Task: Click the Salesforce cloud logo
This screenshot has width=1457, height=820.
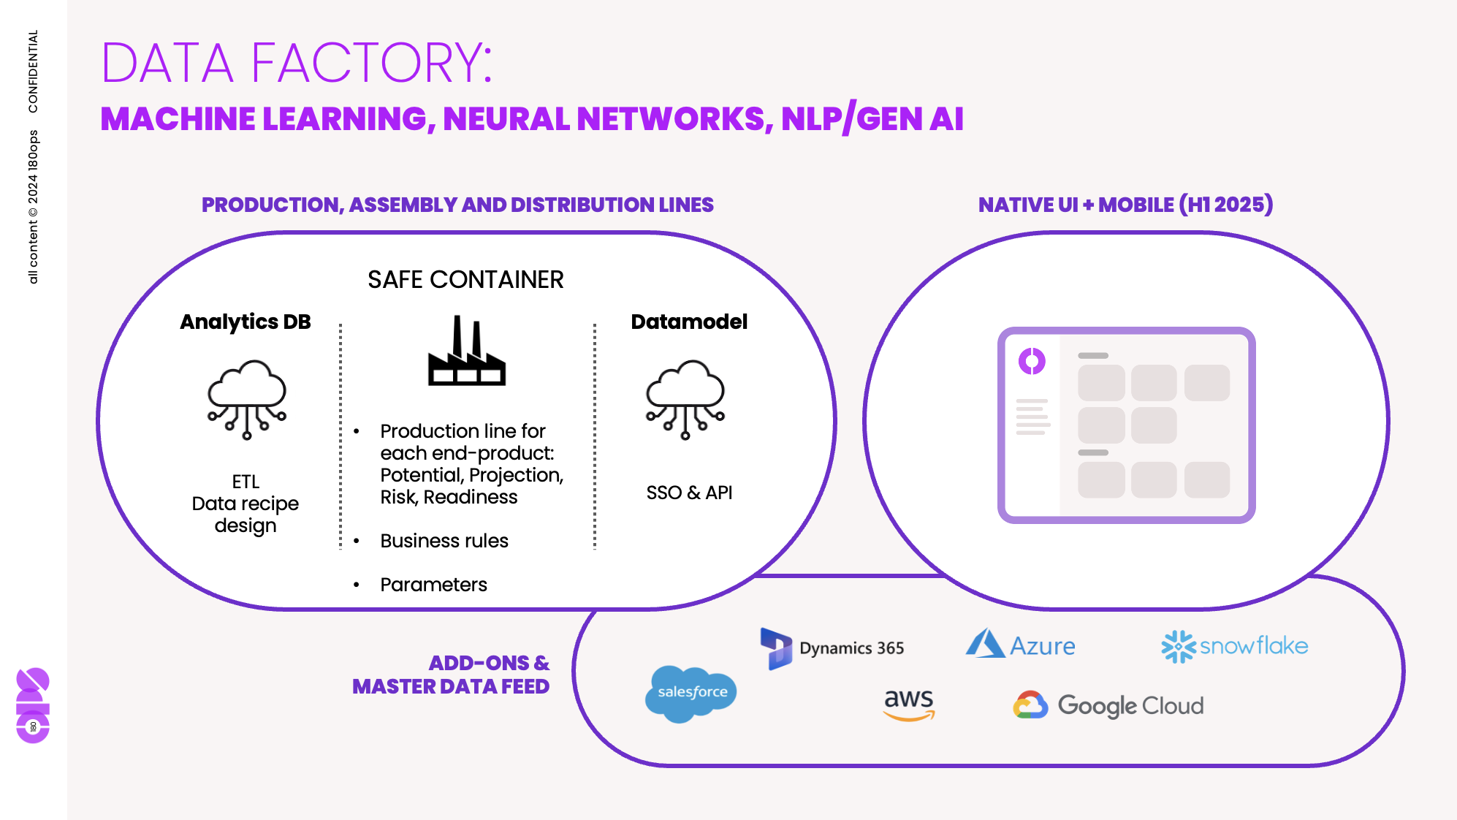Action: point(691,693)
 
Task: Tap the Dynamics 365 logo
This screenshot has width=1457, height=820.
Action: point(832,648)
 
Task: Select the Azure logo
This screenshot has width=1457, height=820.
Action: point(1020,645)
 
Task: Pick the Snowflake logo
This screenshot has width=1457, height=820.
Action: point(1234,646)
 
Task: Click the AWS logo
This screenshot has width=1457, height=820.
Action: point(908,704)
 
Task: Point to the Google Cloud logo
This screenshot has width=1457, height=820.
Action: point(1108,705)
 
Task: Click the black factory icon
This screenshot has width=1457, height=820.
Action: point(466,352)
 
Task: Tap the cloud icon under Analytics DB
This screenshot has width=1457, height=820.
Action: point(247,399)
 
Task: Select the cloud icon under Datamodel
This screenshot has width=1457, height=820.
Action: point(685,399)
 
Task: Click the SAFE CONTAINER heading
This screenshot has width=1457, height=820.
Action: point(465,280)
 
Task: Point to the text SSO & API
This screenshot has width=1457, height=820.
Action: point(689,493)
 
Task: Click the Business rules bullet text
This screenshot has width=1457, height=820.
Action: point(444,541)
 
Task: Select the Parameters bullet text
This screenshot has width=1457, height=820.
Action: point(433,585)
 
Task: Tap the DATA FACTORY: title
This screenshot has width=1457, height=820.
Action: point(297,63)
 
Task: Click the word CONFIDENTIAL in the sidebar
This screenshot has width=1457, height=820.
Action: point(33,71)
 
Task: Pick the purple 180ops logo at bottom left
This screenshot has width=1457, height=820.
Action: point(33,705)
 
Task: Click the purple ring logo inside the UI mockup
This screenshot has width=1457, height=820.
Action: point(1032,361)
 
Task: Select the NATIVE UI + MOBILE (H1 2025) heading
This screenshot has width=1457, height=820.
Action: point(1125,205)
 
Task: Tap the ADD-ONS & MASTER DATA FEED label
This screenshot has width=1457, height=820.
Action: point(452,675)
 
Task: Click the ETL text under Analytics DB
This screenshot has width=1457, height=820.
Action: point(246,482)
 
